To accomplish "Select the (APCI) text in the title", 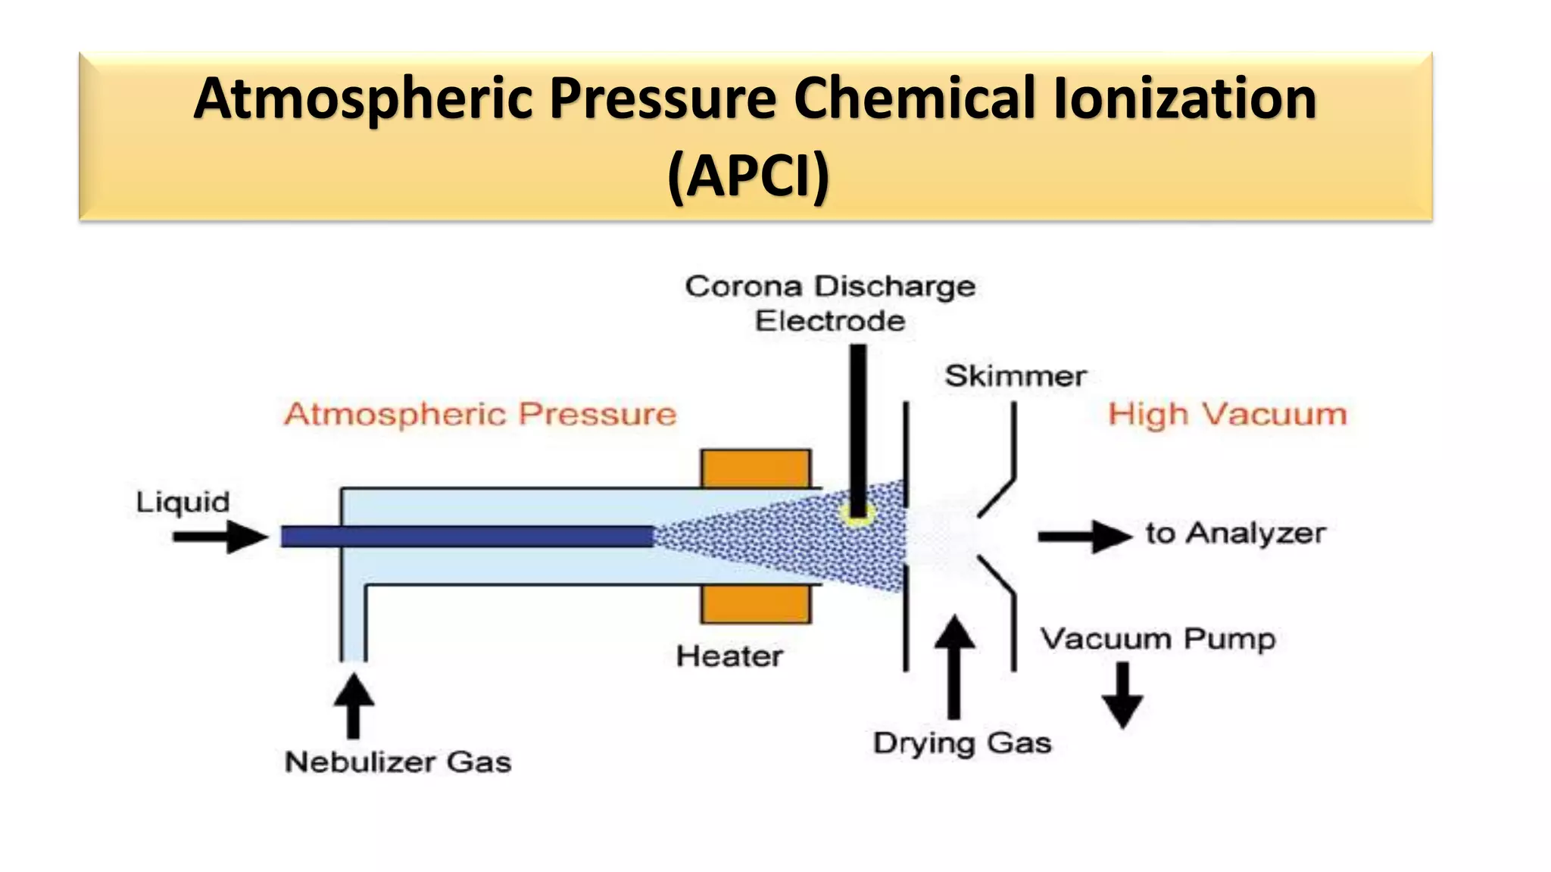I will (x=748, y=176).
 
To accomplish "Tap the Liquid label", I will (x=183, y=503).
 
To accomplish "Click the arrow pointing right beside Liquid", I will (x=220, y=537).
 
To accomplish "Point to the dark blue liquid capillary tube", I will (x=467, y=537).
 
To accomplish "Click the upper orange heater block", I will (x=756, y=469).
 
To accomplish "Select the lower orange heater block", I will (x=756, y=604).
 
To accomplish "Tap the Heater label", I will (x=729, y=656).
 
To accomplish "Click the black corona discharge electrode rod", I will (x=858, y=424).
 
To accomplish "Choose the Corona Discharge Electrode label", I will (x=830, y=304).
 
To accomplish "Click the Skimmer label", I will (x=1016, y=376).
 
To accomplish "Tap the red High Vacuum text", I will (x=1228, y=415).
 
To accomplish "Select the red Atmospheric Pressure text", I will (x=480, y=415).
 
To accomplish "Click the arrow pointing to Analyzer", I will (x=1084, y=537).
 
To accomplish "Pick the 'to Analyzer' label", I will (x=1235, y=534).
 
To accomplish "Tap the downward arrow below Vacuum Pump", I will (x=1122, y=695).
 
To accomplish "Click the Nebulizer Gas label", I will (x=398, y=762).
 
